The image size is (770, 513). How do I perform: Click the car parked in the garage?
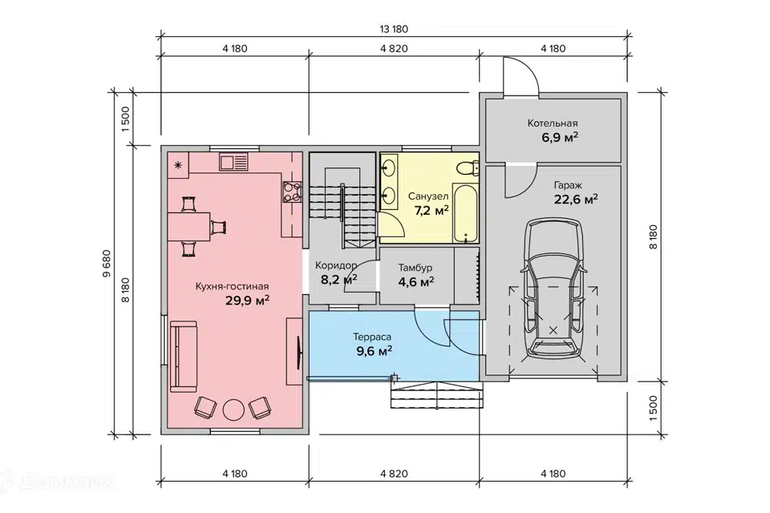(553, 289)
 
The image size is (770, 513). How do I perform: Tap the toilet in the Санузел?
(468, 168)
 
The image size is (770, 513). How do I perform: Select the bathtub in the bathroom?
(465, 213)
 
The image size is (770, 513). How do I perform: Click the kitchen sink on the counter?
(234, 163)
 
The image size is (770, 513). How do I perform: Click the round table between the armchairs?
(233, 409)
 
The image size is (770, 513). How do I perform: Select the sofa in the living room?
(183, 357)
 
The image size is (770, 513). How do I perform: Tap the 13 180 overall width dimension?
(394, 29)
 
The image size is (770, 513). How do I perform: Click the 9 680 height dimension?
(107, 265)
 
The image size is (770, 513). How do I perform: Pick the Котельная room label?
(553, 123)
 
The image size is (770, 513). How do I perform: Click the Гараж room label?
(568, 186)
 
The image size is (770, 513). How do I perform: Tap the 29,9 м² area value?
(248, 300)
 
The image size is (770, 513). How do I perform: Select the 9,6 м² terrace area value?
(375, 350)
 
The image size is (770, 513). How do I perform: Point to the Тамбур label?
(415, 268)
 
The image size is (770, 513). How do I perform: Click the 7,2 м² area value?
(432, 211)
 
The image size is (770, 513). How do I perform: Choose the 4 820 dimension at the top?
(394, 49)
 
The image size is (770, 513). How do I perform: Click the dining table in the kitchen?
(189, 226)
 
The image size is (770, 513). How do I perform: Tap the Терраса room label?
(372, 337)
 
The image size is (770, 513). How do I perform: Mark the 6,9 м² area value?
(560, 137)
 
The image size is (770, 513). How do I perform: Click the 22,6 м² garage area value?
(576, 200)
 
